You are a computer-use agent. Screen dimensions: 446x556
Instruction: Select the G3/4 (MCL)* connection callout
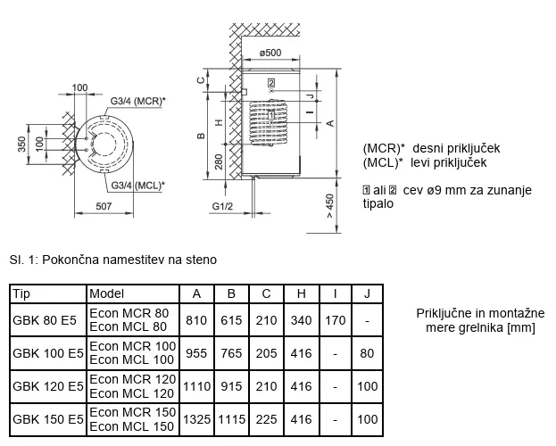[x=138, y=185]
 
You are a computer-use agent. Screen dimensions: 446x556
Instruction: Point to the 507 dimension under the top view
[x=104, y=206]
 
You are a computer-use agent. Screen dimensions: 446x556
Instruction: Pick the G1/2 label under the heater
[x=224, y=206]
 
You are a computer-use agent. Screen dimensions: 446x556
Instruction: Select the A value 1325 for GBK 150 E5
[x=195, y=418]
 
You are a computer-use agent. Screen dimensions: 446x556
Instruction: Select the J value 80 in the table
[x=367, y=353]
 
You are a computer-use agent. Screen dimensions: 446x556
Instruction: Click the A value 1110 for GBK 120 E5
[x=195, y=386]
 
